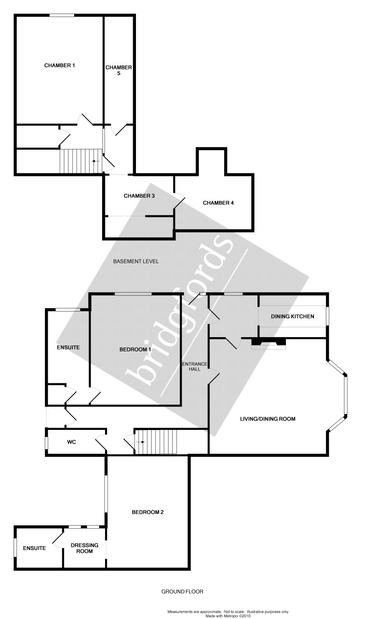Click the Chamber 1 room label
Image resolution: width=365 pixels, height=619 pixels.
59,65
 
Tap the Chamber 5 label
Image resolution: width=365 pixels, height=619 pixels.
119,71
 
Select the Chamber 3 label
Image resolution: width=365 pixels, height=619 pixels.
139,196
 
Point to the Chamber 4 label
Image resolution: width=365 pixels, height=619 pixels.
218,203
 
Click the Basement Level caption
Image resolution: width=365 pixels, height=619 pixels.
136,261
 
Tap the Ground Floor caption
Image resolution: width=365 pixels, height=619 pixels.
182,591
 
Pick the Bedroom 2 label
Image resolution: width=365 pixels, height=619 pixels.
147,512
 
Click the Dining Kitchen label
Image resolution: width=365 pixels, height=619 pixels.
292,317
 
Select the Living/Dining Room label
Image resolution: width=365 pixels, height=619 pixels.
268,419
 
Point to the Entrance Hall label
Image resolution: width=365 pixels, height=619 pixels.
194,366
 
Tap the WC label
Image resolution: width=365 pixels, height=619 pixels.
71,442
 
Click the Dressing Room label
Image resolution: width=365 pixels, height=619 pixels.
84,548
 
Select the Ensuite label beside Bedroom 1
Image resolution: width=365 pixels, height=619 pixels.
68,347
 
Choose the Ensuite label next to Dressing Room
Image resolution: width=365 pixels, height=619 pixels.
34,548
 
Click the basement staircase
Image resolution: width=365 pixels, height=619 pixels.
81,161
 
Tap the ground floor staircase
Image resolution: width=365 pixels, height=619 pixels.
157,442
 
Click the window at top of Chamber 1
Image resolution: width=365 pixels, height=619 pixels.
62,15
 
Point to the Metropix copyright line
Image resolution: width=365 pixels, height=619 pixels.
228,616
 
